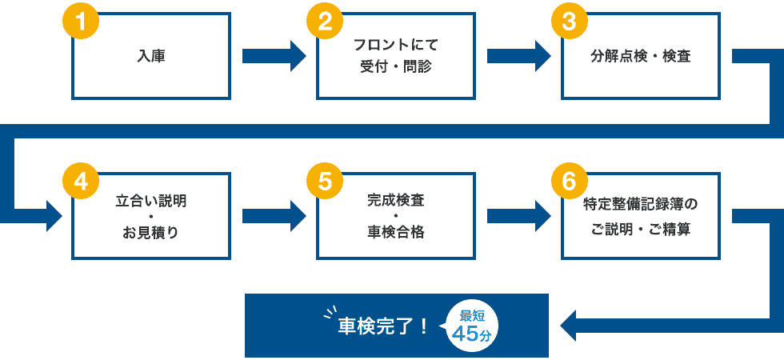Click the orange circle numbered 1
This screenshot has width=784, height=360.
pyautogui.click(x=80, y=22)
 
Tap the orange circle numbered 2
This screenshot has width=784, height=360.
pyautogui.click(x=325, y=22)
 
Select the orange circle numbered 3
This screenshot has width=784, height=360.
pyautogui.click(x=570, y=22)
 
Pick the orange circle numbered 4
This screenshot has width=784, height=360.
pyautogui.click(x=80, y=182)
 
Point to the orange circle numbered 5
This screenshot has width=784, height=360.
pyautogui.click(x=325, y=182)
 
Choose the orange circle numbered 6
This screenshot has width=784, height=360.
pyautogui.click(x=570, y=182)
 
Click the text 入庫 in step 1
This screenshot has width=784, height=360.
pyautogui.click(x=151, y=57)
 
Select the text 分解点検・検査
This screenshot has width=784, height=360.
pyautogui.click(x=641, y=57)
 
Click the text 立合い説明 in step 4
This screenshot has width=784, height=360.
pyautogui.click(x=151, y=201)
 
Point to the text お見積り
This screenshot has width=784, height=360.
pyautogui.click(x=151, y=233)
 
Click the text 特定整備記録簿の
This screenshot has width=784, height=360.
pyautogui.click(x=641, y=204)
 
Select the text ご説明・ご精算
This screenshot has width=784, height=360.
pyautogui.click(x=641, y=230)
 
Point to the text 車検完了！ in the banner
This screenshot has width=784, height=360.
pyautogui.click(x=382, y=326)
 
